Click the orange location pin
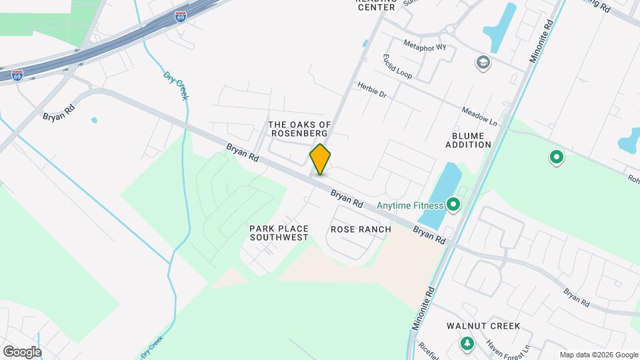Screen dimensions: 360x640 [x=320, y=159]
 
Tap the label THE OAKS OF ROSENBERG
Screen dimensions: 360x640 [x=299, y=129]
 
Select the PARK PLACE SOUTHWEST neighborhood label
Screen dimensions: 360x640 [x=279, y=233]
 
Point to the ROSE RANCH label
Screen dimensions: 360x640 [x=361, y=229]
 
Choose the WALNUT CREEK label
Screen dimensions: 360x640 [x=483, y=326]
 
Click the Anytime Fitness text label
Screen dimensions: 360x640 [x=409, y=205]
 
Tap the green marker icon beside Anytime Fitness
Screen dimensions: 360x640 [x=454, y=204]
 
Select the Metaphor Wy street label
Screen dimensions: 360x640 [x=425, y=47]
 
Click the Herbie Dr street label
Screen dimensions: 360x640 [x=371, y=90]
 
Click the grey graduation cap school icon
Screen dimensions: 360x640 [x=482, y=63]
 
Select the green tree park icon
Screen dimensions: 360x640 [x=467, y=343]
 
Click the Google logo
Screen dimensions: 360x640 [x=22, y=351]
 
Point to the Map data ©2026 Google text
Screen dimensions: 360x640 [x=598, y=355]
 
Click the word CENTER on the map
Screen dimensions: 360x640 [x=376, y=8]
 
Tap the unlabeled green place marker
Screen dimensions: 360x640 [x=556, y=158]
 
